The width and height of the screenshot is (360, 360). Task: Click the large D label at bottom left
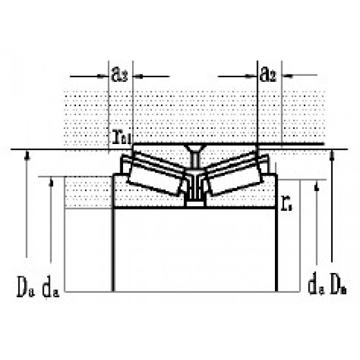click(x=24, y=286)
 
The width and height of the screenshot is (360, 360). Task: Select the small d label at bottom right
click(x=314, y=285)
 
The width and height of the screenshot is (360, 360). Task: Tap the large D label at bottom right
click(x=338, y=285)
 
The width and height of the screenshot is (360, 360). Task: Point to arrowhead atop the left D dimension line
click(x=27, y=154)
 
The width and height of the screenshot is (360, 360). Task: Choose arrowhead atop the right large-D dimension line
click(x=334, y=154)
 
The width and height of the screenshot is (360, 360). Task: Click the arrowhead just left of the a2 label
click(x=253, y=75)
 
